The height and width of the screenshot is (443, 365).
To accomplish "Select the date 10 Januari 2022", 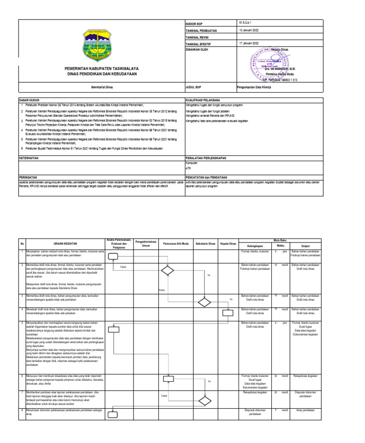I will [250, 29].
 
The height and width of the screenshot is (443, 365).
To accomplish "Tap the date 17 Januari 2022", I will [250, 43].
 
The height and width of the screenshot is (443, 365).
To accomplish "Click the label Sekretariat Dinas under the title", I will [102, 87].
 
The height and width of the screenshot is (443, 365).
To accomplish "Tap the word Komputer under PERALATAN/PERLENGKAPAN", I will [191, 163].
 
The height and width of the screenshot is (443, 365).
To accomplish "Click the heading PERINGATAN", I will [28, 175].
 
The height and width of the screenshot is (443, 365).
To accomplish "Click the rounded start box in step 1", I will [113, 257].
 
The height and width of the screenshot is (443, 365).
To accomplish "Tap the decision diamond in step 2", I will [167, 271].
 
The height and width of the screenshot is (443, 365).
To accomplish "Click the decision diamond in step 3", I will [204, 302].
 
